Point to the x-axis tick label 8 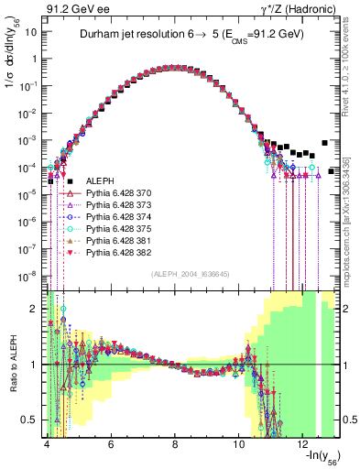[175, 445]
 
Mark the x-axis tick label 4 [46, 445]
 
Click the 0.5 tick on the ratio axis [30, 420]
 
